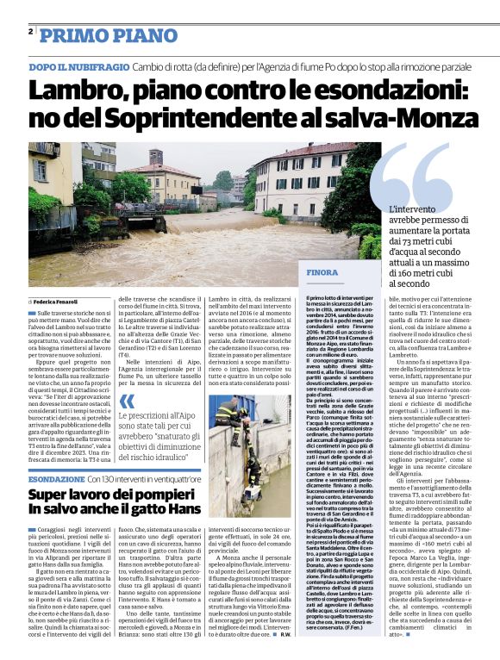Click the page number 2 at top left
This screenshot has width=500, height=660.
pos(31,32)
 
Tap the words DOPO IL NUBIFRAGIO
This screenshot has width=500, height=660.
pos(72,66)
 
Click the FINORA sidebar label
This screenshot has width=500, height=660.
pos(322,272)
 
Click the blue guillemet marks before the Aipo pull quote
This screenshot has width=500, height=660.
pos(127,401)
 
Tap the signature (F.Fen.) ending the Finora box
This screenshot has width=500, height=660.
pos(356,625)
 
